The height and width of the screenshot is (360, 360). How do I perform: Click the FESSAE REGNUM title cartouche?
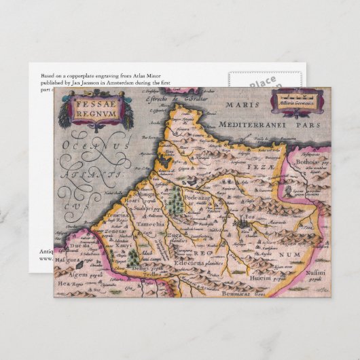(96, 109)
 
